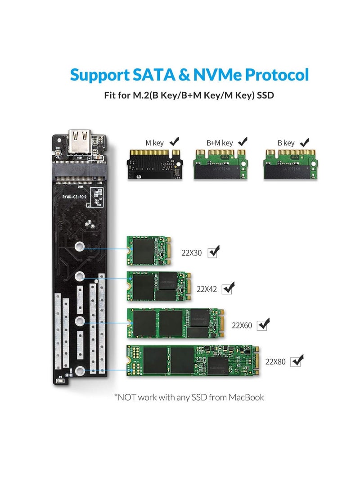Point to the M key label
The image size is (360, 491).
click(154, 143)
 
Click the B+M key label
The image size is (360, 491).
click(220, 143)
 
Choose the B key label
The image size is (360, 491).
click(286, 143)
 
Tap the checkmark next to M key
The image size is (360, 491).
click(174, 141)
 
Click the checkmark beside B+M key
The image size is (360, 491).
click(243, 141)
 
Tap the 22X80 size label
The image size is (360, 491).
click(276, 361)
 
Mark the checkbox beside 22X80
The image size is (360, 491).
click(297, 360)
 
